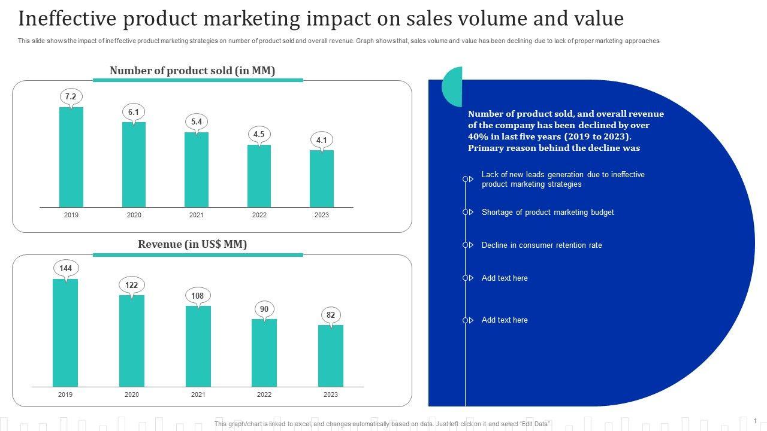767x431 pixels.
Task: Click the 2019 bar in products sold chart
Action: [71, 157]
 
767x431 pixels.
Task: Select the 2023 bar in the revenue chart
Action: [330, 356]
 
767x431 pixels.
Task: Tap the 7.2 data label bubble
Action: [71, 96]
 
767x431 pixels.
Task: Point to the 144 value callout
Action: [65, 268]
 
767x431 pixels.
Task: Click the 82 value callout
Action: [330, 315]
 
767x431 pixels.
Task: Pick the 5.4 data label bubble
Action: [197, 122]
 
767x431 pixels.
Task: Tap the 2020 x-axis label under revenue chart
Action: [132, 394]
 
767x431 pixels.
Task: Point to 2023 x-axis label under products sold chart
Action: [322, 215]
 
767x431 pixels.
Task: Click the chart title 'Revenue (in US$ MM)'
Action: [192, 244]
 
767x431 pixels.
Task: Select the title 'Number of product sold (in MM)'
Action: [192, 71]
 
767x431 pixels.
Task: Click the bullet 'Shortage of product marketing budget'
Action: [548, 212]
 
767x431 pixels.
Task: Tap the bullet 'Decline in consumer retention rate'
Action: [542, 245]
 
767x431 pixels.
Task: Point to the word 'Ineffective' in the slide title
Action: [66, 19]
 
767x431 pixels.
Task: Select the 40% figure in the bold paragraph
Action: [478, 136]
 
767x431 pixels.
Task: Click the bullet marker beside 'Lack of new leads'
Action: [466, 179]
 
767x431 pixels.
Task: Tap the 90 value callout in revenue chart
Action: [264, 309]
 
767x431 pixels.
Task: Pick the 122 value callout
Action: [132, 285]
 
